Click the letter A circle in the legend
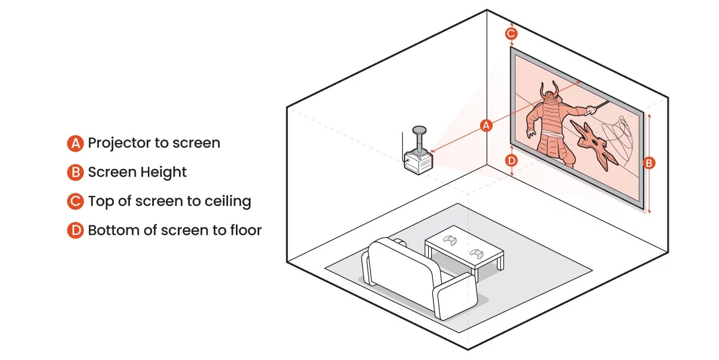point(75,143)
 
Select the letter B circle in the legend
point(75,173)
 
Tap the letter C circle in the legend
point(75,201)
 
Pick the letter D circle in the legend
point(75,230)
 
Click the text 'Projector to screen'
point(154,143)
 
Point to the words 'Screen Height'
point(137,173)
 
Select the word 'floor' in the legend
point(245,230)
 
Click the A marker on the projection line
point(487,125)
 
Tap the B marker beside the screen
point(649,162)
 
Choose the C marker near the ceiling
point(511,34)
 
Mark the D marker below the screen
point(511,161)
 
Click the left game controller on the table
point(450,240)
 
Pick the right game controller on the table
point(477,253)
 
